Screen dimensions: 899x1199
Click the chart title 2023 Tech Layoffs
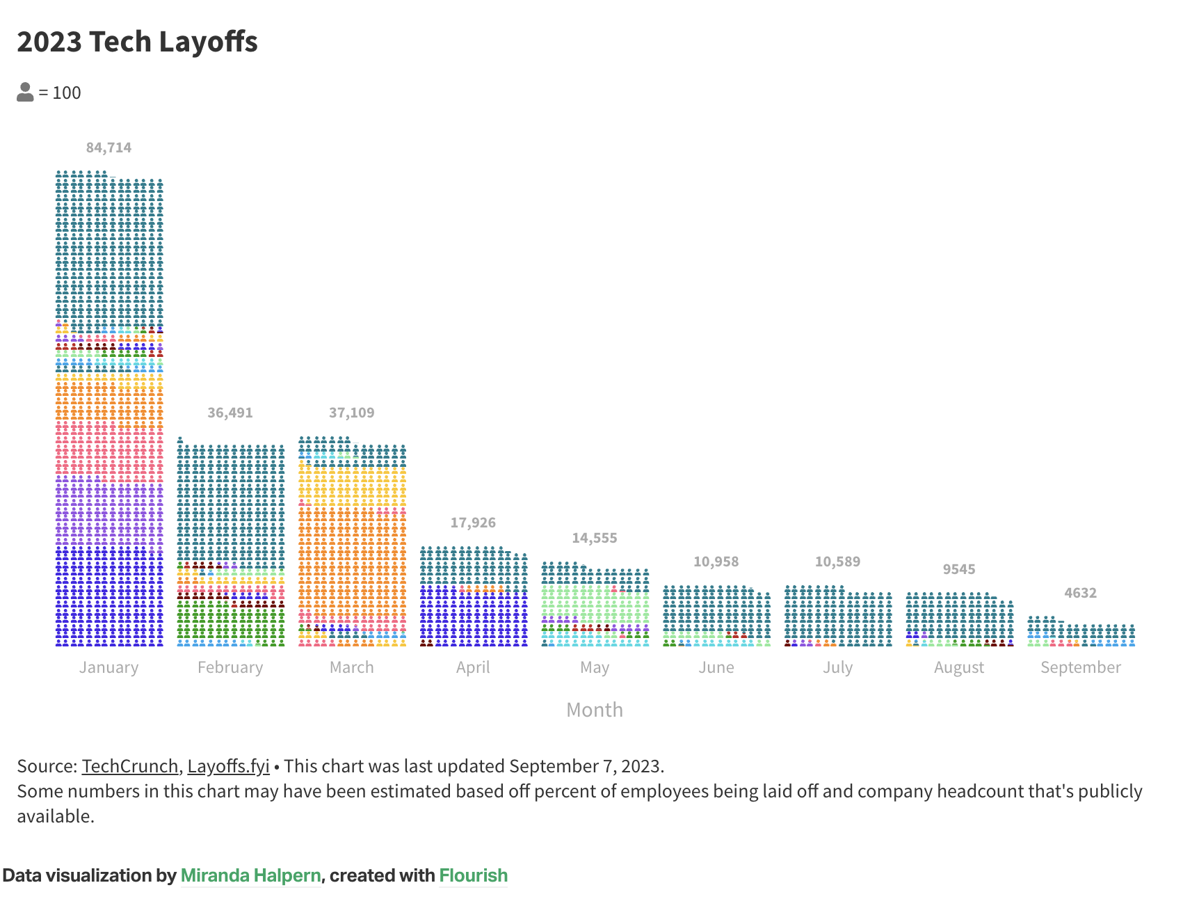(x=137, y=42)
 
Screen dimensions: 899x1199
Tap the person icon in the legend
(x=25, y=93)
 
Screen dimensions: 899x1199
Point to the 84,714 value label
(x=108, y=148)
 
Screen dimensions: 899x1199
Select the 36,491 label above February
(x=230, y=413)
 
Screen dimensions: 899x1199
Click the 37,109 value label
(x=351, y=413)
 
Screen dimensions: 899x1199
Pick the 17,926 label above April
(x=473, y=523)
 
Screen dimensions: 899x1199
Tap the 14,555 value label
(x=594, y=538)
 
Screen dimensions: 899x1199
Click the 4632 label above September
(x=1080, y=593)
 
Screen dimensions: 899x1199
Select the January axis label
(x=108, y=667)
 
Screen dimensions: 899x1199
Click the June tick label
(x=716, y=667)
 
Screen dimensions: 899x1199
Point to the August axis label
(x=958, y=667)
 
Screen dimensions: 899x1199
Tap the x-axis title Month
(x=594, y=710)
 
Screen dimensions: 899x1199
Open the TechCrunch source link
(x=130, y=766)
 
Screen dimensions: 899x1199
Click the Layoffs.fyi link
(x=228, y=766)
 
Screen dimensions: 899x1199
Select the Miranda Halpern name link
(x=250, y=875)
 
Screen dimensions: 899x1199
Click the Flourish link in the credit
(x=473, y=875)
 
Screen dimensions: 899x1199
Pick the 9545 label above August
(x=958, y=569)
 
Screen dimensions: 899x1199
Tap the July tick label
(x=837, y=667)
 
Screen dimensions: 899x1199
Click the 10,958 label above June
(x=716, y=562)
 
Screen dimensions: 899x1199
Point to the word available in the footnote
(x=55, y=816)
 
